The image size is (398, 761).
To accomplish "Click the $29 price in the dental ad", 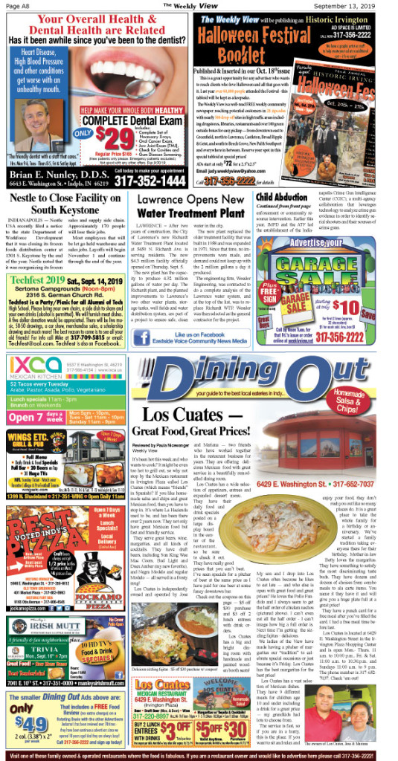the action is click(108, 137).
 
